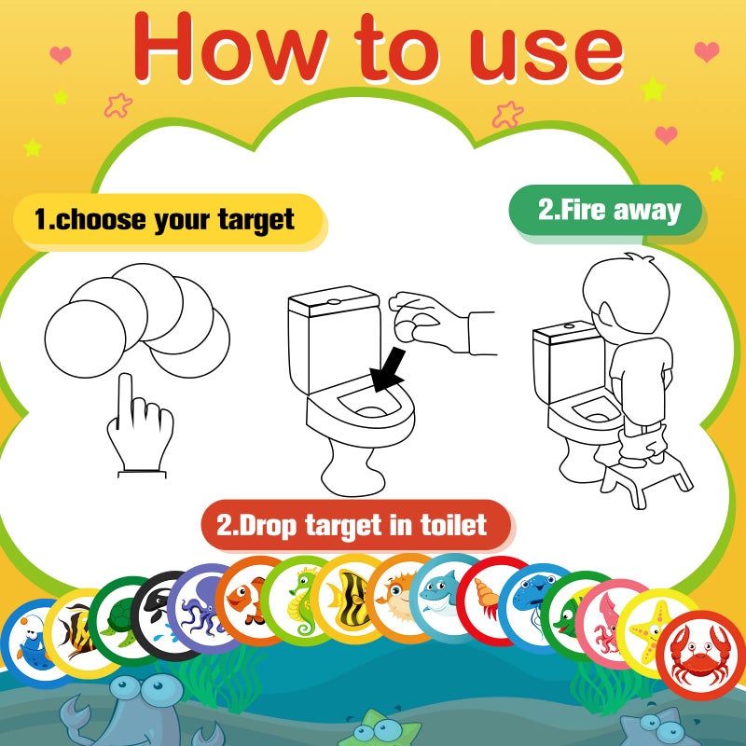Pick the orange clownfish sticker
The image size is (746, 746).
coord(249,599)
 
